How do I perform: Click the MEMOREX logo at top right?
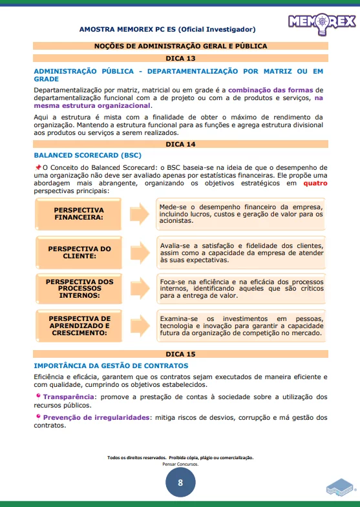(x=321, y=23)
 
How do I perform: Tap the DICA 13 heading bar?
(x=180, y=58)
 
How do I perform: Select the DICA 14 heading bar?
(x=180, y=144)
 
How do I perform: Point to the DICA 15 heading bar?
(x=180, y=354)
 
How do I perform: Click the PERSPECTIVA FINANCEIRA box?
(x=79, y=214)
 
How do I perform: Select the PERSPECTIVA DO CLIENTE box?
(x=79, y=252)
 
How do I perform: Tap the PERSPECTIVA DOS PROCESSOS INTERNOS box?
(x=79, y=289)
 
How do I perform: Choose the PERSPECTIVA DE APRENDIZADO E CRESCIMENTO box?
(x=79, y=326)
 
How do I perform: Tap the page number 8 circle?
(x=180, y=482)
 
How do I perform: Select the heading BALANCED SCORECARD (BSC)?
(x=87, y=156)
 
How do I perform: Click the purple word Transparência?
(x=68, y=397)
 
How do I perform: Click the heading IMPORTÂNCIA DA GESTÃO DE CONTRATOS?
(x=111, y=366)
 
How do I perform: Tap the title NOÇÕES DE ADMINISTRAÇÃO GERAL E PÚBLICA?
(x=180, y=47)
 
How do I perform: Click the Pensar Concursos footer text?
(x=180, y=464)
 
